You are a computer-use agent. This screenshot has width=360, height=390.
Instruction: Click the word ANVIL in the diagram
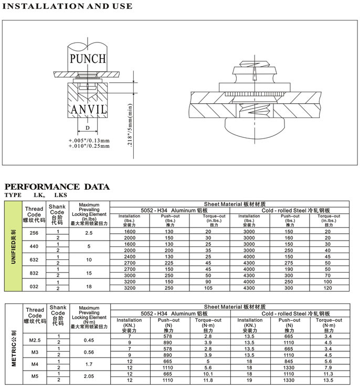[x=88, y=109]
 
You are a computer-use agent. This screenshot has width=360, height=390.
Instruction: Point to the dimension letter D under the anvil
[x=88, y=127]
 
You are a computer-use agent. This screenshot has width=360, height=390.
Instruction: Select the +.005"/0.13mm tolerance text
[x=89, y=140]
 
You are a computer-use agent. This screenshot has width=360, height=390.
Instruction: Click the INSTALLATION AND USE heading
[x=68, y=7]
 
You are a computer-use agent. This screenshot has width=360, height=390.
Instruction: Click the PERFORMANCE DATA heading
[x=57, y=187]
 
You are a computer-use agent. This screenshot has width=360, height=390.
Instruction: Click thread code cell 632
[x=34, y=259]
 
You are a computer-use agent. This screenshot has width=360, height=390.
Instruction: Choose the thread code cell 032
[x=34, y=286]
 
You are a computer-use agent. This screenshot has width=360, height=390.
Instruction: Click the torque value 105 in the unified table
[x=208, y=288]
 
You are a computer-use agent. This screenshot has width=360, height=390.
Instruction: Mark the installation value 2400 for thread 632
[x=129, y=256]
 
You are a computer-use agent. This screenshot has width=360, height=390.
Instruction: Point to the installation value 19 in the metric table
[x=249, y=380]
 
